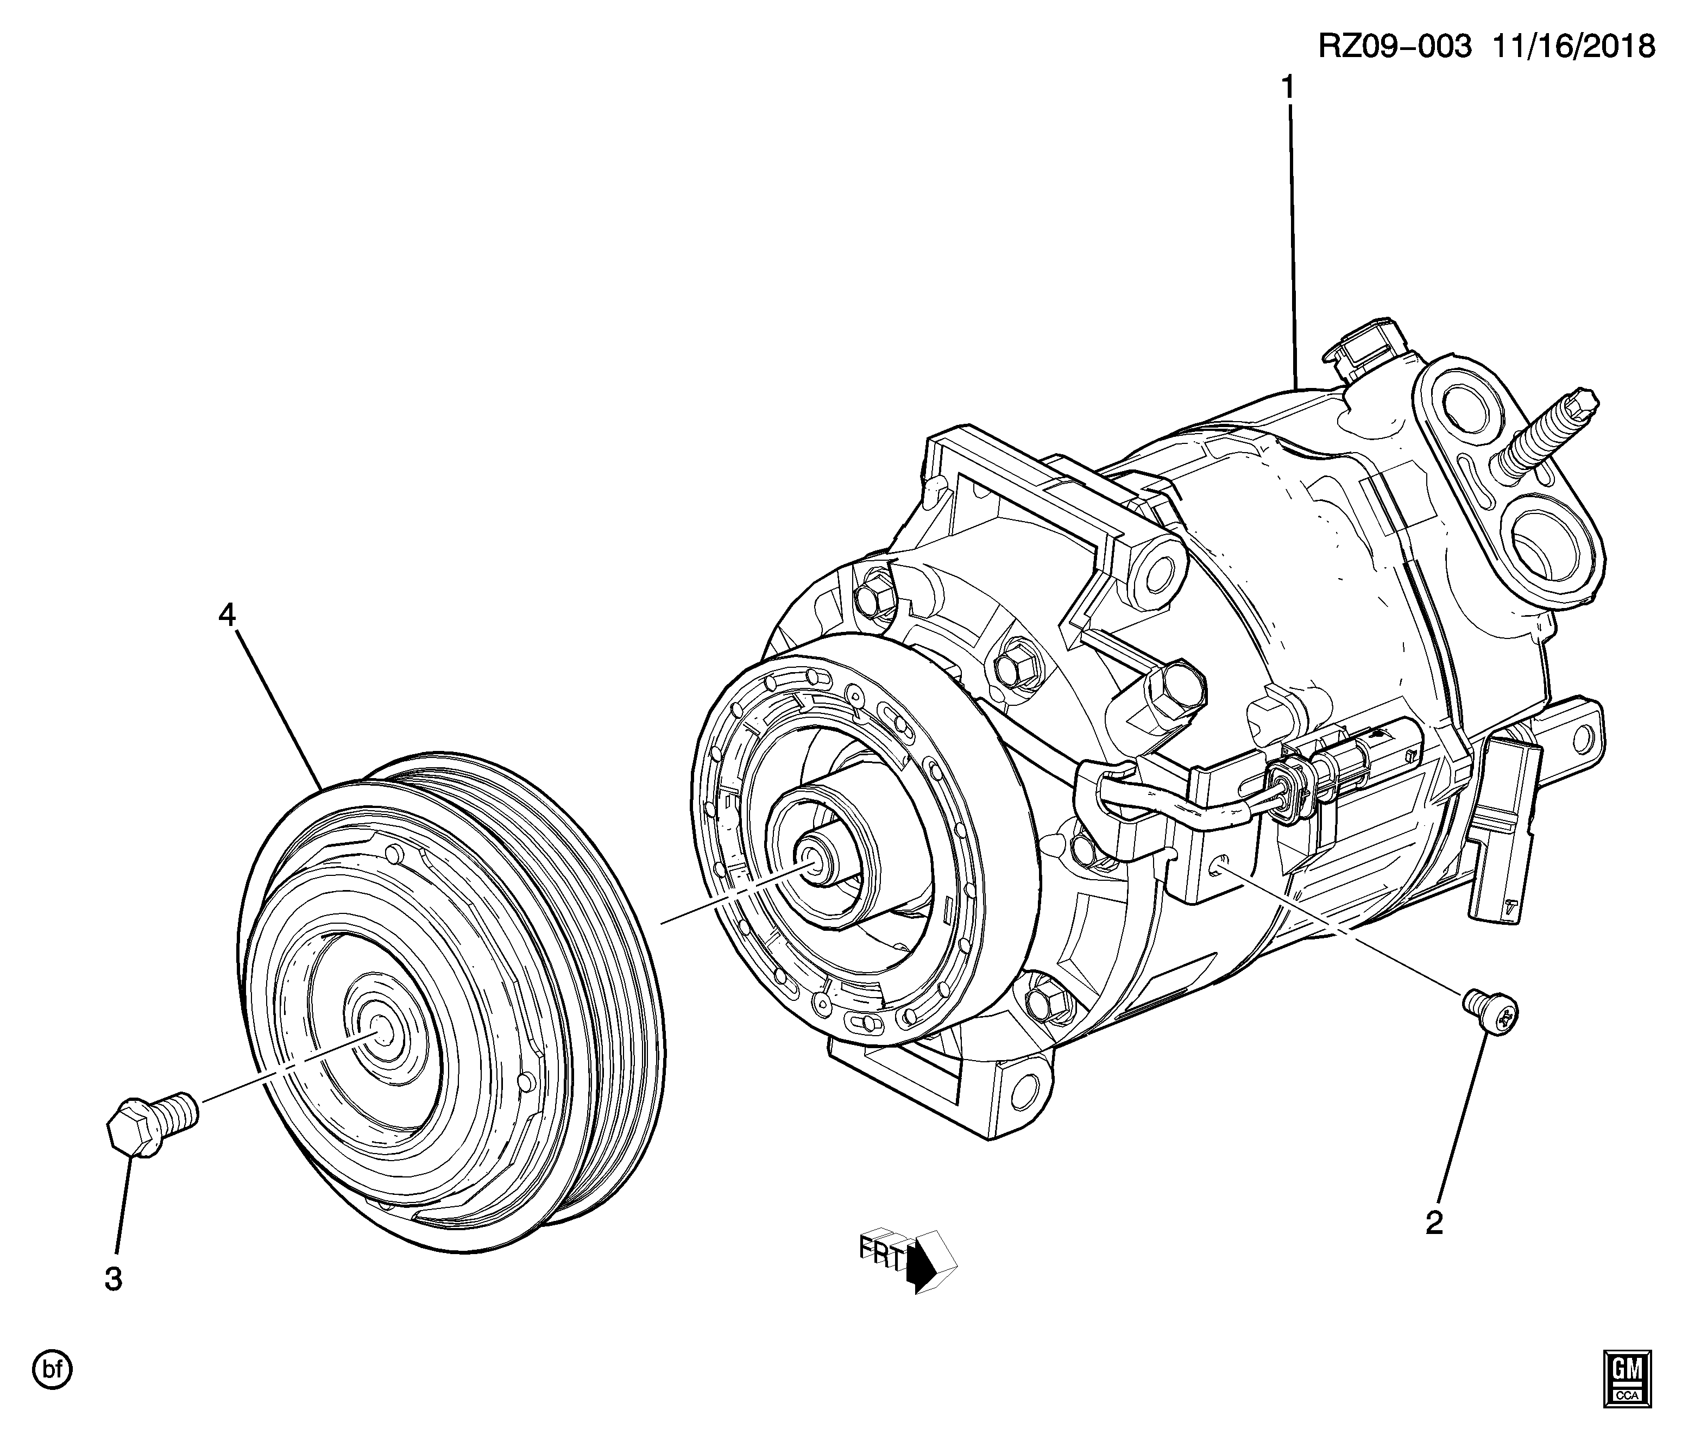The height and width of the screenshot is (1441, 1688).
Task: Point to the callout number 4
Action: point(226,615)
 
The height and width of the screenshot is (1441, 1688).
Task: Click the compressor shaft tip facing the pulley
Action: point(812,856)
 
